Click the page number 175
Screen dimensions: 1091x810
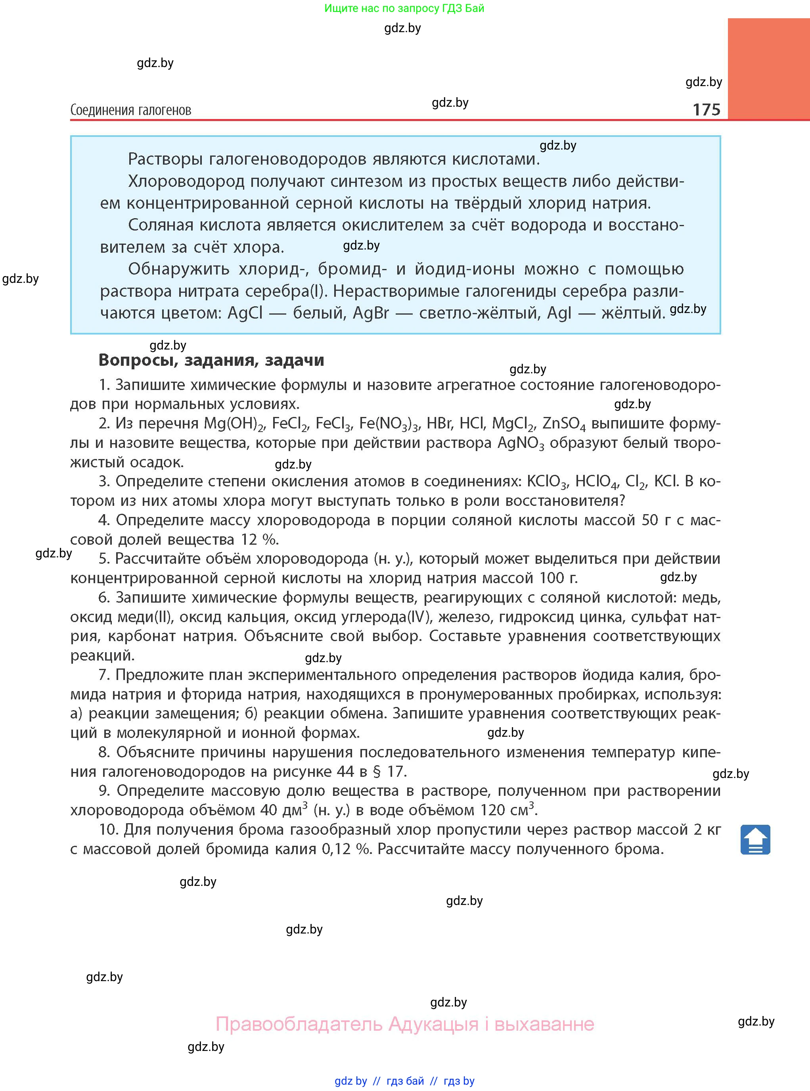click(706, 109)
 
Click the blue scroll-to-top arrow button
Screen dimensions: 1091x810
click(755, 840)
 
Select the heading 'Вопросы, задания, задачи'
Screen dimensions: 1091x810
click(211, 360)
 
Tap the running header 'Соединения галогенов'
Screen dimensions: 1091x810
click(130, 110)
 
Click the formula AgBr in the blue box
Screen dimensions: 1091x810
click(370, 313)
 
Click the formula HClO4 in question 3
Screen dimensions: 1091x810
click(596, 481)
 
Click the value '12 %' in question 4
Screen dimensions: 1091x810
click(259, 540)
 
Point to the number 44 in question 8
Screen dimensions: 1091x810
click(345, 772)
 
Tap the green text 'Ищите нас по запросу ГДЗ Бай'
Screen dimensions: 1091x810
click(404, 8)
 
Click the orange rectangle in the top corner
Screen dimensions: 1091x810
click(768, 69)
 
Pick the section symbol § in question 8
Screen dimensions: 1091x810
click(377, 772)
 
